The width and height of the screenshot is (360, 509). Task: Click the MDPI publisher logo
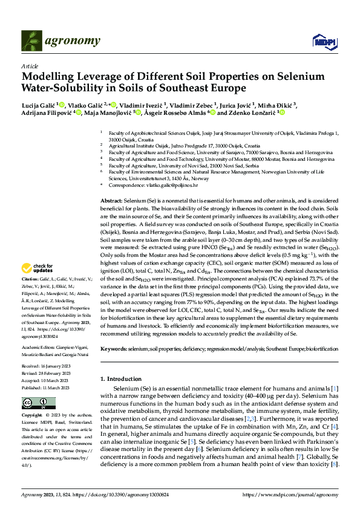[x=323, y=41]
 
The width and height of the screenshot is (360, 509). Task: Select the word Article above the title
[x=29, y=66]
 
